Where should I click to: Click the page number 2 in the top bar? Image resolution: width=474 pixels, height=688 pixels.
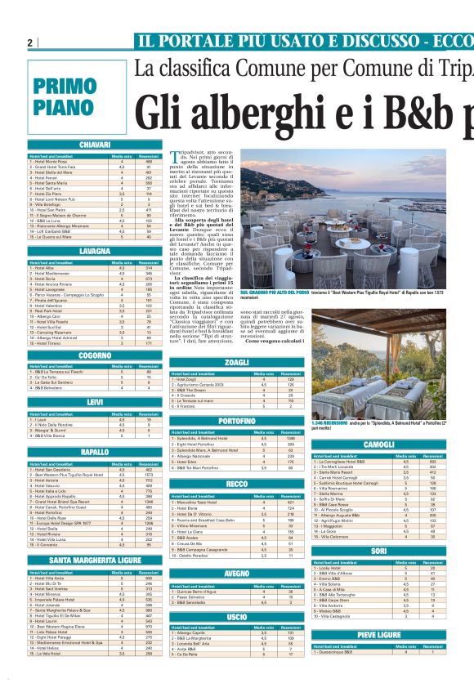(x=29, y=42)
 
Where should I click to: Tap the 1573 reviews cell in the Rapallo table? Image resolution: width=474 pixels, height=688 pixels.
(x=149, y=475)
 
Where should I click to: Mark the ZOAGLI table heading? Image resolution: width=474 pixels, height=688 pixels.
(x=235, y=362)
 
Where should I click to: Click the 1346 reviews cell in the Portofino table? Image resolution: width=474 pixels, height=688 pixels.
(x=288, y=438)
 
